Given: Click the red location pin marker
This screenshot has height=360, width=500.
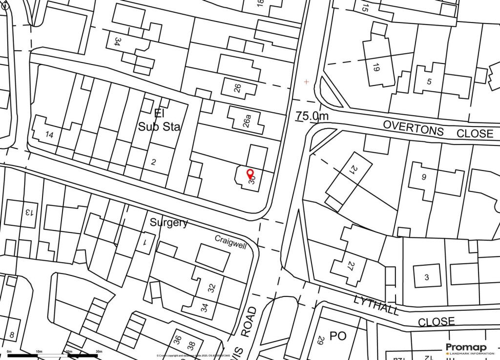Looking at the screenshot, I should (250, 173).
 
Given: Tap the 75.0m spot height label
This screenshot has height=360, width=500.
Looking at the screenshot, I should (312, 116).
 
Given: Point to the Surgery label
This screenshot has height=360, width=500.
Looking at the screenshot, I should (168, 223).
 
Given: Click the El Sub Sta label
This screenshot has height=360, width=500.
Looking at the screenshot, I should (159, 120).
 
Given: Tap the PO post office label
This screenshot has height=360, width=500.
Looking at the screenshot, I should (338, 336).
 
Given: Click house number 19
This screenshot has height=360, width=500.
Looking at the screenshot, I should (375, 68).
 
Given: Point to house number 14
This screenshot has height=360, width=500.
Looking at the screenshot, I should (49, 134).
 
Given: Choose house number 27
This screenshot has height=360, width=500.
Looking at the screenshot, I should (350, 266).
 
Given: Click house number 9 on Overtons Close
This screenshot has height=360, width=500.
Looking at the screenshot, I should (423, 177).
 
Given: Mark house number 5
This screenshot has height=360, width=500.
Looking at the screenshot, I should (429, 82).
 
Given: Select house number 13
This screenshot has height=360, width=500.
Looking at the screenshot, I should (29, 212).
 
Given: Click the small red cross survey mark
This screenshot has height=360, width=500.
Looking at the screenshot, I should (306, 82).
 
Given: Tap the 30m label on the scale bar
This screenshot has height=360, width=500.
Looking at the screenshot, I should (99, 352).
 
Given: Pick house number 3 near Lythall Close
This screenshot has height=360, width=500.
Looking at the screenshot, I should (426, 277).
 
